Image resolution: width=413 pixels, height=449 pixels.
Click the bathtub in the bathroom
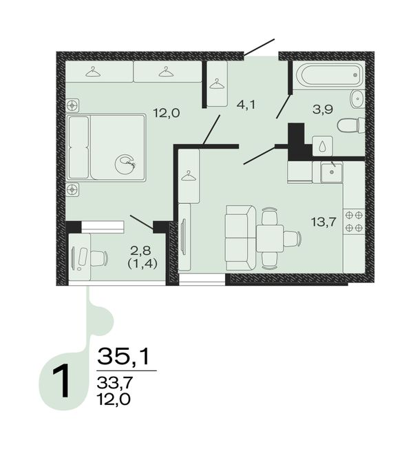click(329, 74)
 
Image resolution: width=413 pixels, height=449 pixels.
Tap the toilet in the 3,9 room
click(351, 125)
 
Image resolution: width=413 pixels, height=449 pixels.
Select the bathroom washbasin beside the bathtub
click(357, 99)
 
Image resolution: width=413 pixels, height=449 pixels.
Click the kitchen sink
click(332, 172)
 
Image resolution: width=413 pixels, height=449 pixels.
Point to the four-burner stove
click(354, 222)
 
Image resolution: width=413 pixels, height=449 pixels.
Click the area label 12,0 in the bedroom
click(167, 113)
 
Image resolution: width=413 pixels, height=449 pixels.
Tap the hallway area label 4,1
click(246, 105)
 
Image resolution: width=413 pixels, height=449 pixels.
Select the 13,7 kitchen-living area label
click(324, 222)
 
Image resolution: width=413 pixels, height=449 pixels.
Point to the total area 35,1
click(124, 356)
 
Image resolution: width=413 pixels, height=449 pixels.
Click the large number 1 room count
click(61, 381)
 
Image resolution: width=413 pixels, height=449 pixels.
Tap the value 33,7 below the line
click(115, 382)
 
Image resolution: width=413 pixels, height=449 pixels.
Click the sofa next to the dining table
click(240, 238)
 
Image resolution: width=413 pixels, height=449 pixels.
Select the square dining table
click(270, 238)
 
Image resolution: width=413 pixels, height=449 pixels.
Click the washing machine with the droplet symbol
click(323, 146)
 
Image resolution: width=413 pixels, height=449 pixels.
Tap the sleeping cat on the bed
click(125, 165)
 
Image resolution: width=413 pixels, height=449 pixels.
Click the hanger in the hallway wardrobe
click(217, 84)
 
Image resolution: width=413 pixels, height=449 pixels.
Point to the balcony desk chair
click(98, 258)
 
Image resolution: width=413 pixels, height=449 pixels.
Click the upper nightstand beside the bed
click(72, 106)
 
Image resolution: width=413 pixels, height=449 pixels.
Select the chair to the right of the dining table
click(293, 238)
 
